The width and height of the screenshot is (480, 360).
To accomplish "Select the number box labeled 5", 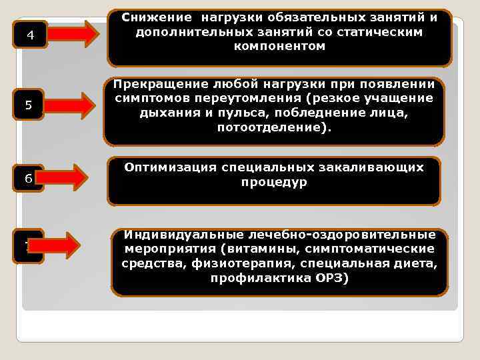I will pos(28,105).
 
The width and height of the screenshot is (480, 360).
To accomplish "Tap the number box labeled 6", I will pos(27,178).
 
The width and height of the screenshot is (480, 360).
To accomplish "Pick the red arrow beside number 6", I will pos(67,177).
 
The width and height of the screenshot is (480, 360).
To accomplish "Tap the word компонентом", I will pos(279,46).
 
